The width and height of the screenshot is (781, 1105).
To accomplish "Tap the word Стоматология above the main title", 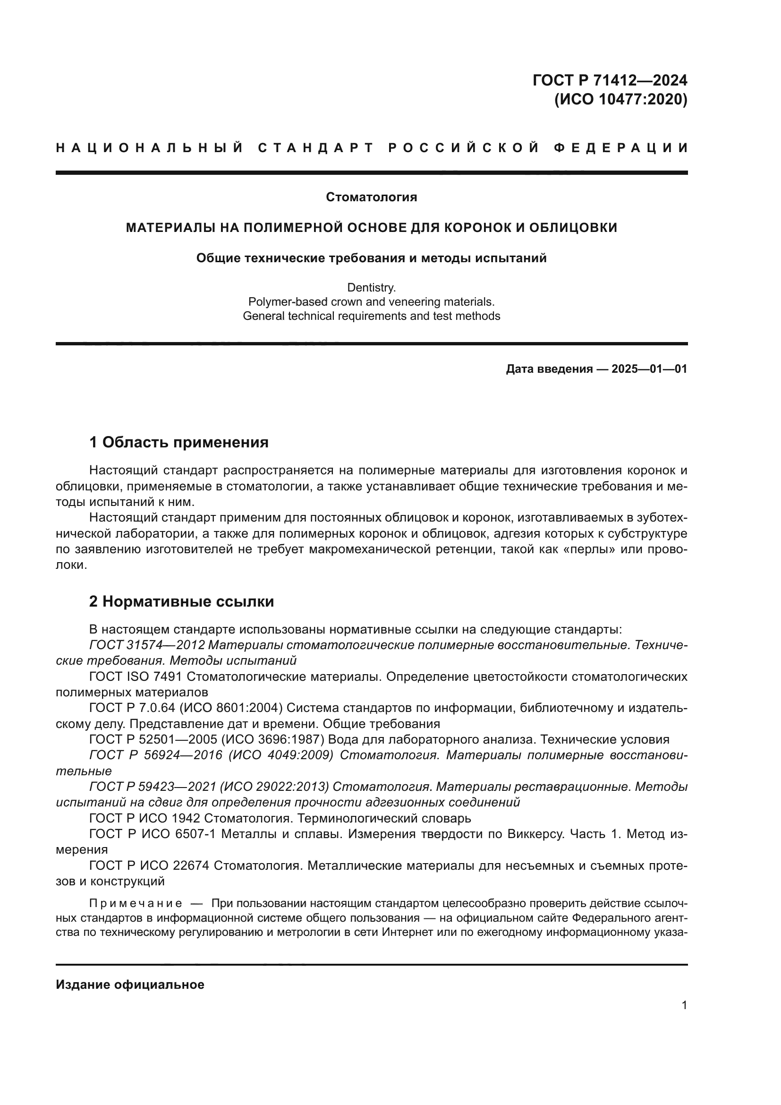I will [x=371, y=197].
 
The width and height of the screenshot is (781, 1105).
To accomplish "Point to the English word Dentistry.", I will [x=371, y=288].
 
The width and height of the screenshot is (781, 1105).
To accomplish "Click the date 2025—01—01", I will [x=649, y=369].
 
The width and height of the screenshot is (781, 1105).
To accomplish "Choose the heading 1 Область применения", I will [x=179, y=442].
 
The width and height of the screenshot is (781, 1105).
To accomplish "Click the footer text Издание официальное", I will [x=130, y=985].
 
